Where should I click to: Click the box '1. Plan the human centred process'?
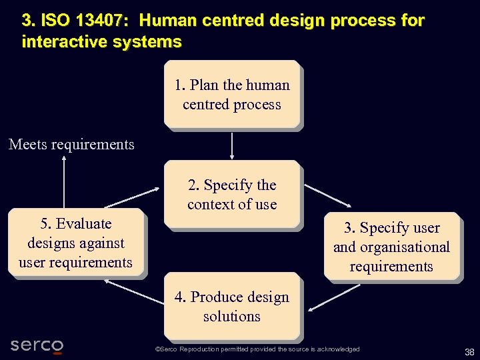tap(232, 94)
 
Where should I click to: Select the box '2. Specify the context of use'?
tap(232, 195)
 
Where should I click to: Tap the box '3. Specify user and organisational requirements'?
tap(391, 247)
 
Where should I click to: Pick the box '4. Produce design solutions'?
tap(232, 306)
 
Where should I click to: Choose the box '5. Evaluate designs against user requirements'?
tap(75, 243)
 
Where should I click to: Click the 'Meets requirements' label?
tap(71, 144)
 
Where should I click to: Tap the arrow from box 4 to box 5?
tap(133, 293)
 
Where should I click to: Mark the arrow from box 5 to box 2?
tap(134, 198)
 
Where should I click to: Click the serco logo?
tap(37, 345)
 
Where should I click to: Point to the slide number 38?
tap(469, 352)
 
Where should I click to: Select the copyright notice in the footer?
tap(257, 349)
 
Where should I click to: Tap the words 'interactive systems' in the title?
tap(101, 42)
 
